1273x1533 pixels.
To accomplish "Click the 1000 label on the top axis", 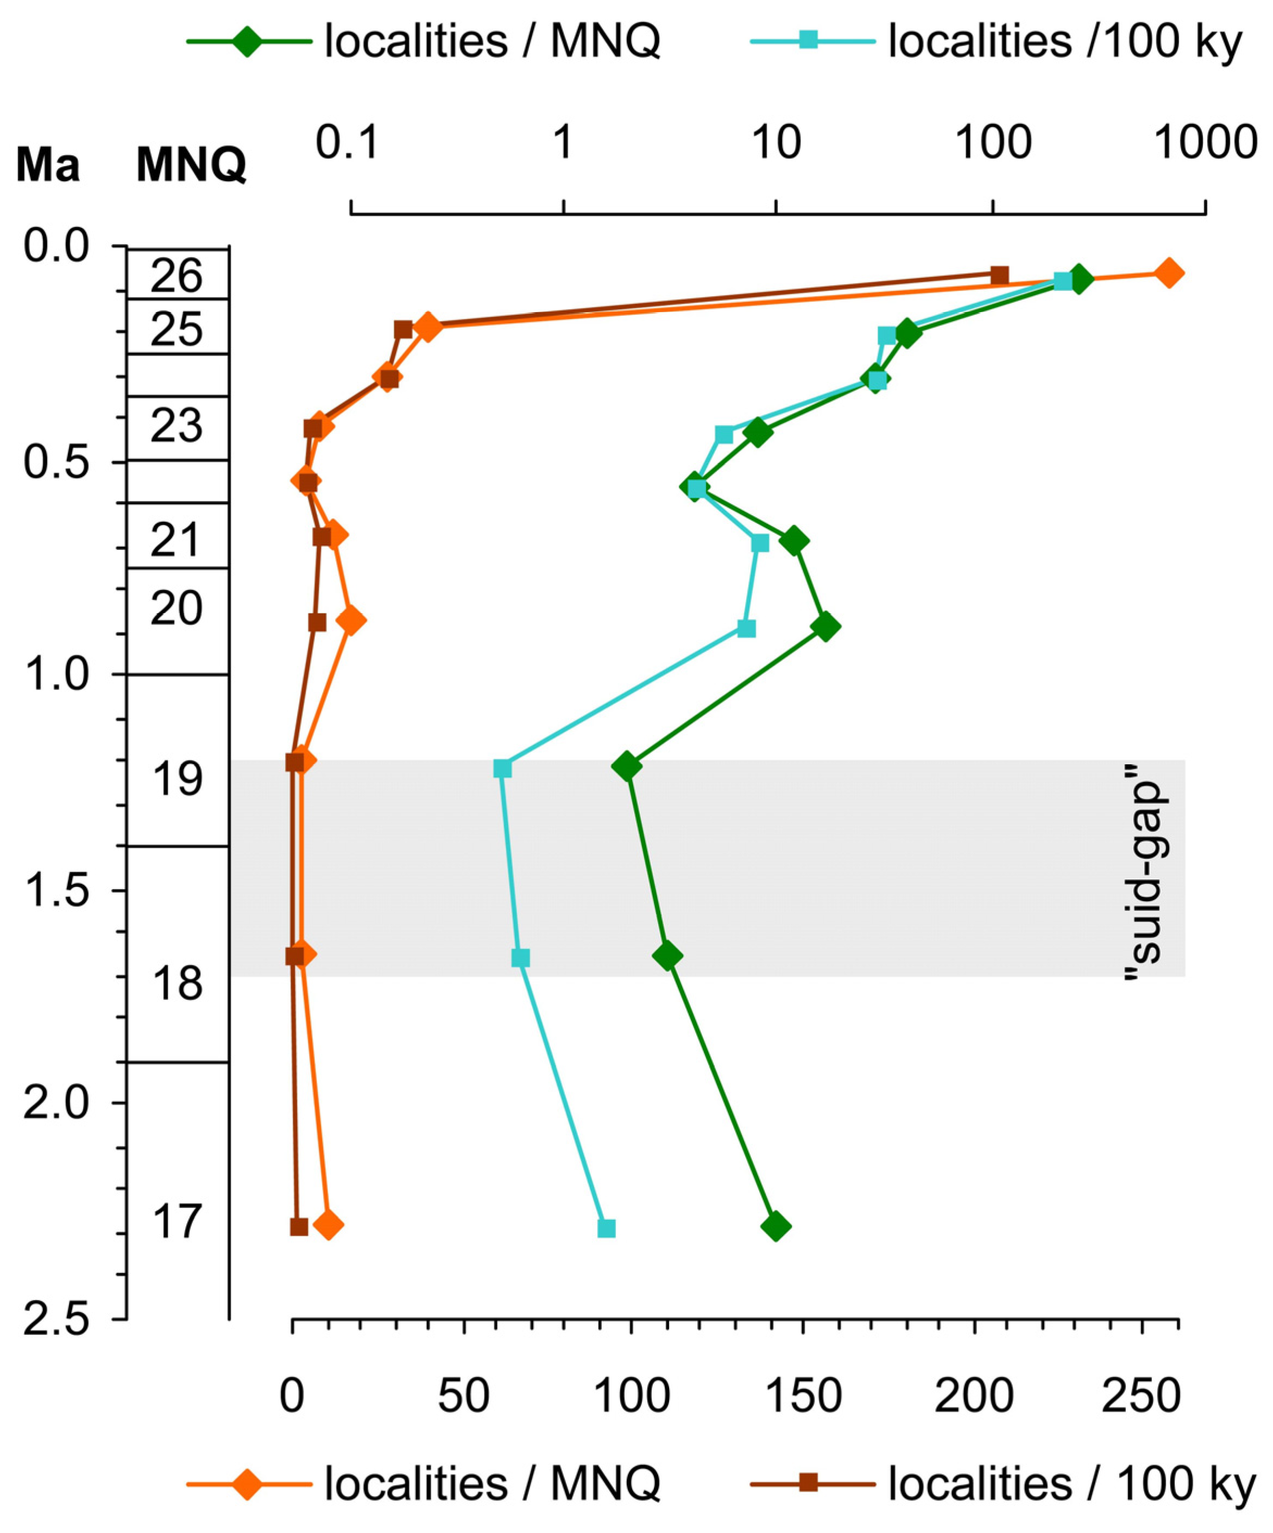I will pos(1203,143).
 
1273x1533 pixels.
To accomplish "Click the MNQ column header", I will pos(191,166).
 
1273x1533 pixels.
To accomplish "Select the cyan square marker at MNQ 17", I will pos(606,1228).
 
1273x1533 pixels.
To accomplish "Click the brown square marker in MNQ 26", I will pos(1000,275).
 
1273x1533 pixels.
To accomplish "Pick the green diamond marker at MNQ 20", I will pos(825,627).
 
